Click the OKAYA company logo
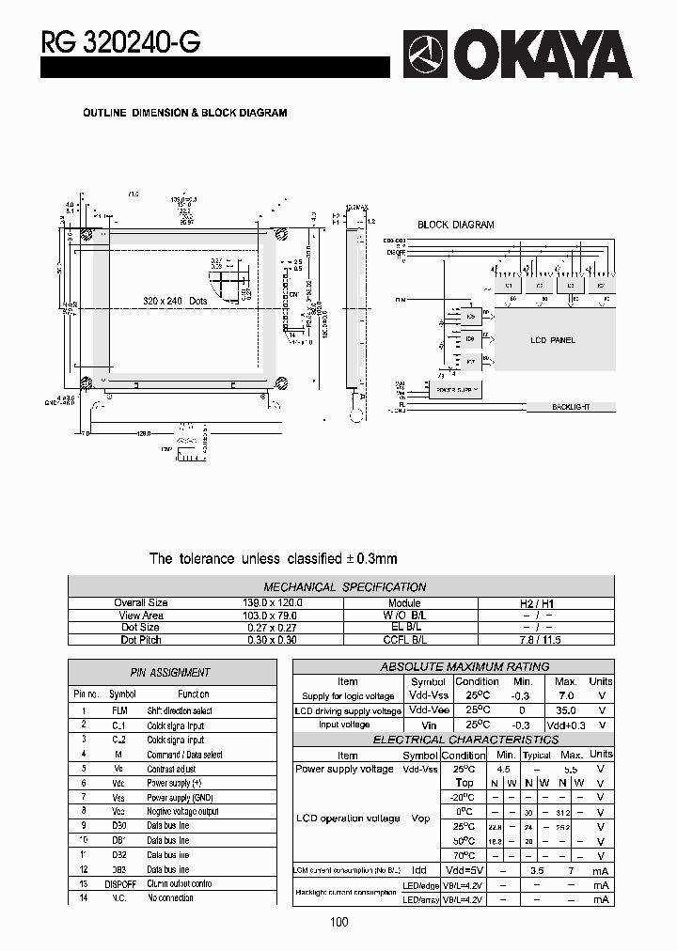coord(517,53)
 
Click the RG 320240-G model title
coord(119,41)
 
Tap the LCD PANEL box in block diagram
coord(553,340)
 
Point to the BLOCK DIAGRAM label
coord(455,226)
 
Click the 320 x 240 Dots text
coord(176,301)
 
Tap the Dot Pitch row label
coord(141,640)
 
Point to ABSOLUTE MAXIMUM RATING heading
coord(451,666)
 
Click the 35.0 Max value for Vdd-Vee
coord(566,711)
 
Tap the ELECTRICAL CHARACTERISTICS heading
coord(453,740)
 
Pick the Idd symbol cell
coord(419,871)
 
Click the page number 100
coord(339,922)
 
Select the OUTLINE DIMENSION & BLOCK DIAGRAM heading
coord(185,113)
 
